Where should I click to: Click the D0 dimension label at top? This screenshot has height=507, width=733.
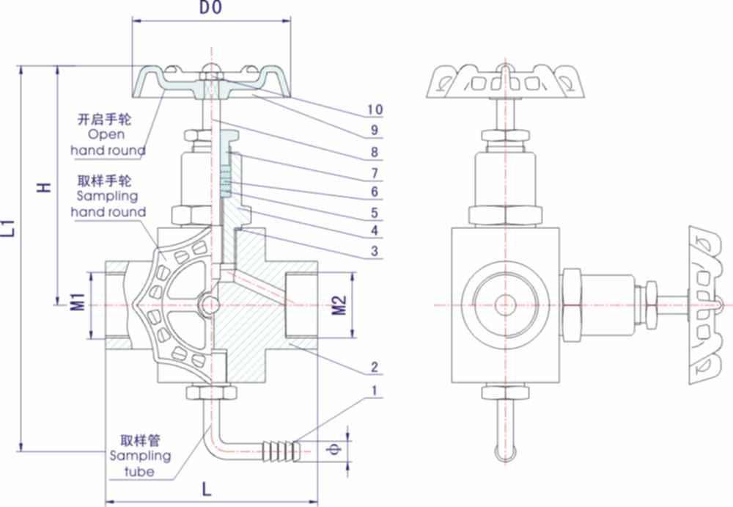point(210,9)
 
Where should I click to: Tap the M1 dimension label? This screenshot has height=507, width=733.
point(77,304)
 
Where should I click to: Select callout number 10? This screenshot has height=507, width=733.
point(375,110)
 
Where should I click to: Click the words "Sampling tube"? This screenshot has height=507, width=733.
point(139,464)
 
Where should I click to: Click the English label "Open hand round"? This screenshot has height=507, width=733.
point(108,142)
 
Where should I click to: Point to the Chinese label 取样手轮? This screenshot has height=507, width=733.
point(107,181)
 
